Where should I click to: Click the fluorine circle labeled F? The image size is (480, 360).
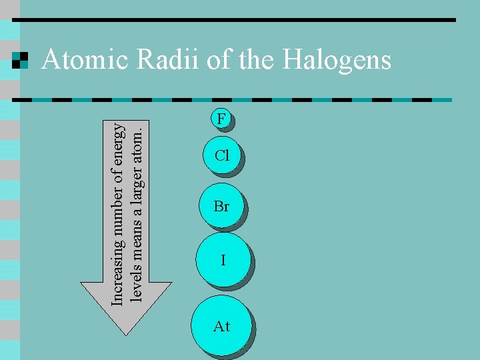coord(222,119)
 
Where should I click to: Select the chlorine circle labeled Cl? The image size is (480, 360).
coord(222,156)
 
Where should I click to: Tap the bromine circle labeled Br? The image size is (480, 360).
coord(222,207)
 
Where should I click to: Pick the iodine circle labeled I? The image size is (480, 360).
coord(223,260)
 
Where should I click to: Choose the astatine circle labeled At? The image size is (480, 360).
coord(221,326)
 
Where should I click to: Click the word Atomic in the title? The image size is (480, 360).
coord(85,61)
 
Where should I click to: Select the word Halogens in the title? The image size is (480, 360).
coord(337,61)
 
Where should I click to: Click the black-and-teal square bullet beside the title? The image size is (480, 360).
coord(21,61)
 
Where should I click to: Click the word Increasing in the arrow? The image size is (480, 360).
coord(117,274)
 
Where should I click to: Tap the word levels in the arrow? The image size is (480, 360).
coord(136,287)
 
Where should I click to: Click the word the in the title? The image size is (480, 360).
coord(257,61)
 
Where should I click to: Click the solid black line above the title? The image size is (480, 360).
coord(233,20)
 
